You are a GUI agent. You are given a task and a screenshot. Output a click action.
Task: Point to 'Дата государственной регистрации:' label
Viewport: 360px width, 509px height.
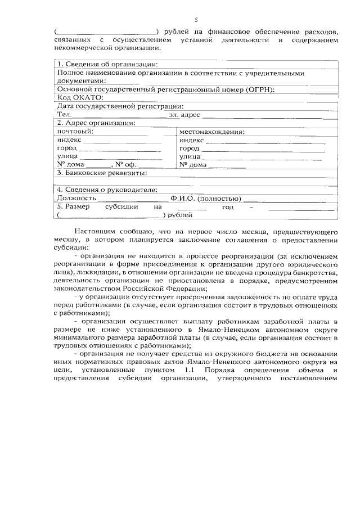pyautogui.click(x=120, y=106)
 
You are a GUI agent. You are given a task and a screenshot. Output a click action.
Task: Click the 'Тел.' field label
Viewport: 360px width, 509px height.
pyautogui.click(x=64, y=114)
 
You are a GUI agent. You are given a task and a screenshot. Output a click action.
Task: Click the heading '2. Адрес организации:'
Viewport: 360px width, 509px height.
pyautogui.click(x=96, y=123)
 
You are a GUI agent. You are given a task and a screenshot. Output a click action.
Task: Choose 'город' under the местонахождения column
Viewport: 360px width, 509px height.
pyautogui.click(x=190, y=148)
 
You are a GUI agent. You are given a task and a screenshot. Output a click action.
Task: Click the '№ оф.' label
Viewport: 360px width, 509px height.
pyautogui.click(x=127, y=165)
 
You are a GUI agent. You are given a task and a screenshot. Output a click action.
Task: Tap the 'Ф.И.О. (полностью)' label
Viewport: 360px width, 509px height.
pyautogui.click(x=206, y=198)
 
